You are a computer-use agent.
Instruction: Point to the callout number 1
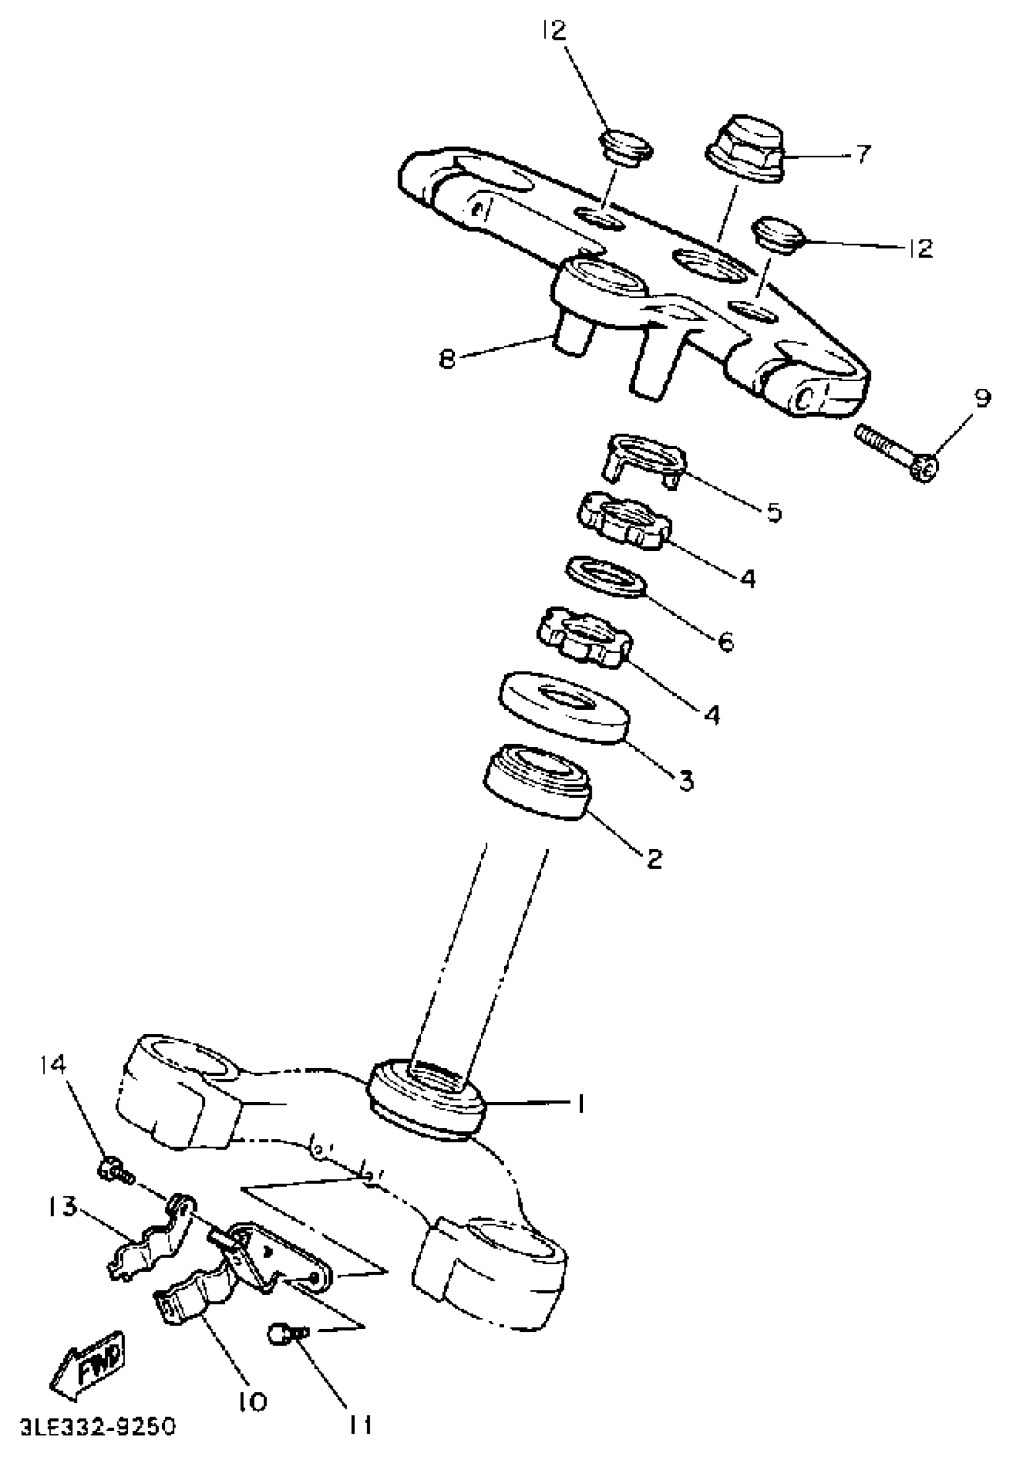[578, 1105]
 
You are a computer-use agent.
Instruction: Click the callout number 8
[448, 359]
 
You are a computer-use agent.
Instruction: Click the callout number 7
[862, 154]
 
